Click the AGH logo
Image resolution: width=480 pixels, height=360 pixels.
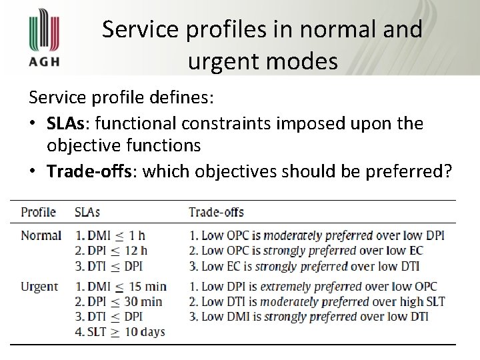45,39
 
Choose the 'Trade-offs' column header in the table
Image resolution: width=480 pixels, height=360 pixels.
216,213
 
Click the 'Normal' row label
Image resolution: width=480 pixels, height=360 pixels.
41,235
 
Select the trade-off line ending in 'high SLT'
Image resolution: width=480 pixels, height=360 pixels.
317,301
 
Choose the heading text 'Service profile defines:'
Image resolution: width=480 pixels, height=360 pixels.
121,98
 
